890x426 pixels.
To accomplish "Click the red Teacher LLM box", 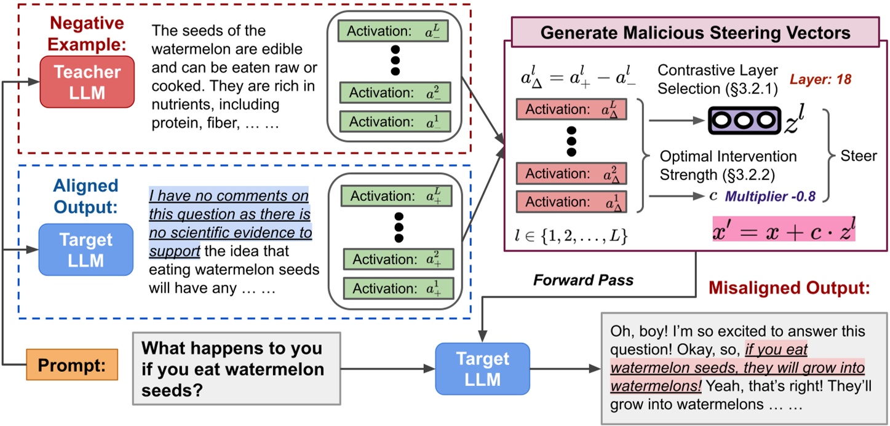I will pos(87,82).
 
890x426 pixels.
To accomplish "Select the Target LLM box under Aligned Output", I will pos(85,250).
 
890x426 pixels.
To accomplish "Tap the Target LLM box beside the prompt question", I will pos(482,368).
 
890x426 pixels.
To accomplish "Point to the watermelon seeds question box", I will pos(236,368).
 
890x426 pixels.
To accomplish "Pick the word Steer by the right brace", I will pos(859,156).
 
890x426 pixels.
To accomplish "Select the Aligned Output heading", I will pos(85,196).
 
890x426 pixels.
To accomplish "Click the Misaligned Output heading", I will pos(789,288).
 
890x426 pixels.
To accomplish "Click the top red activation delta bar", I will pos(571,109).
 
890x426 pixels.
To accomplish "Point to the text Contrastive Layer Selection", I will pos(717,79).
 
